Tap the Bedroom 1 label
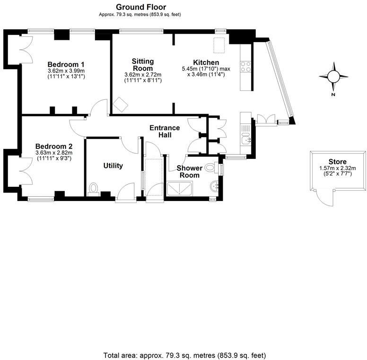coord(66,64)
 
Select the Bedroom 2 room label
coord(54,146)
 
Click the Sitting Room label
coord(142,65)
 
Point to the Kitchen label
coord(206,62)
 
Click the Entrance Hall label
coord(165,131)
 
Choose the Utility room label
coord(113,166)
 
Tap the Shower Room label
coord(188,171)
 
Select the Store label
coord(338,162)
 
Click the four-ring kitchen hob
coord(246,67)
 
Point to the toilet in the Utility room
coord(93,189)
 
